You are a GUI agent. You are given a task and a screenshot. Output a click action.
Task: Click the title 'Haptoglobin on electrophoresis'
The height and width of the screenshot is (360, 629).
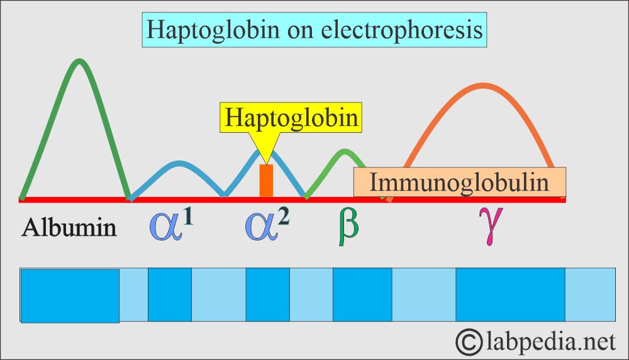(x=314, y=30)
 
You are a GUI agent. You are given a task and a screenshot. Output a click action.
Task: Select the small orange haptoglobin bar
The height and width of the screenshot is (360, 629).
(x=266, y=181)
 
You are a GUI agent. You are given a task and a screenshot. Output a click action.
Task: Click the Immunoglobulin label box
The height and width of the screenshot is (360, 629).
(x=459, y=183)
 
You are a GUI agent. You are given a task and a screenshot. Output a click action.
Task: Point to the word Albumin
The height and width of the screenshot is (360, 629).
(x=69, y=227)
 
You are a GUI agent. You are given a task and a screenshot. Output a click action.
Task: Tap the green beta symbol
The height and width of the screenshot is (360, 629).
(x=348, y=228)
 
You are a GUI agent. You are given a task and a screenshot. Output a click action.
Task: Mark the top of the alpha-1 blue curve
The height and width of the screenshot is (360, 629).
(x=177, y=164)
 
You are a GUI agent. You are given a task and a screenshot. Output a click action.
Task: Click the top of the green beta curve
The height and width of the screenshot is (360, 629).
(x=344, y=151)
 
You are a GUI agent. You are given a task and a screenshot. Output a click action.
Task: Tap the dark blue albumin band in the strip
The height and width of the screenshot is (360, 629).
(x=70, y=295)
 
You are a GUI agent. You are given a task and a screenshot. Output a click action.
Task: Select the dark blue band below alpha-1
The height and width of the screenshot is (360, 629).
(x=170, y=295)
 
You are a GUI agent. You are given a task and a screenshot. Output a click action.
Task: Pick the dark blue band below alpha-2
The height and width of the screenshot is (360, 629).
(x=267, y=295)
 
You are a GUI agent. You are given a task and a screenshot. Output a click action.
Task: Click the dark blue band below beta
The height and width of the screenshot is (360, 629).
(x=362, y=295)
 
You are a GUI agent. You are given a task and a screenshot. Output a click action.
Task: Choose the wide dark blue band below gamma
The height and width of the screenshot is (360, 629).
(x=510, y=295)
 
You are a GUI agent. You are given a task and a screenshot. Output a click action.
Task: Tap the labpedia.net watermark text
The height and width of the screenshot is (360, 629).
(x=550, y=342)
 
